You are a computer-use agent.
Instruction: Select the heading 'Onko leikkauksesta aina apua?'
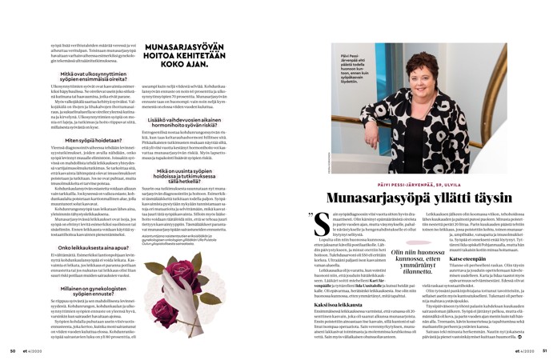pyautogui.click(x=84, y=248)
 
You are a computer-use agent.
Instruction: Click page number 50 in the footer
pyautogui.click(x=12, y=350)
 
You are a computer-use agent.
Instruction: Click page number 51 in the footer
pyautogui.click(x=544, y=350)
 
